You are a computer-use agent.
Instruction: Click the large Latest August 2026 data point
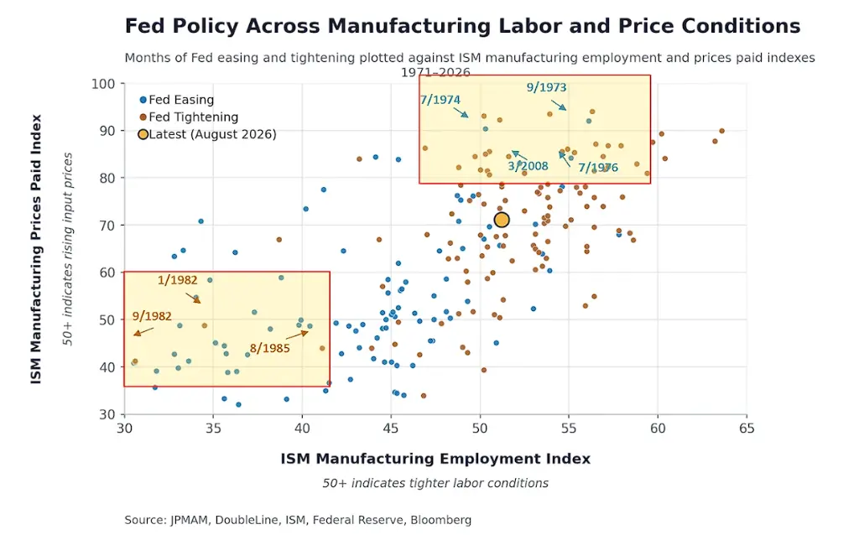(x=502, y=220)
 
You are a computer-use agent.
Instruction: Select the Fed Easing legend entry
(x=177, y=100)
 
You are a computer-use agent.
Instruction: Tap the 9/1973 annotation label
(x=546, y=87)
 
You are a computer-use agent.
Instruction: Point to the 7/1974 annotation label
(x=440, y=100)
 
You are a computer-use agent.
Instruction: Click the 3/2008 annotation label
(x=528, y=166)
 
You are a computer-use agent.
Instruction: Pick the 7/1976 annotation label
(x=598, y=168)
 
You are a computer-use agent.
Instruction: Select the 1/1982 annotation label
(x=178, y=280)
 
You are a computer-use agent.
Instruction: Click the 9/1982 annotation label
(x=152, y=316)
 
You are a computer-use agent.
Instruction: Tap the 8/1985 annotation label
(x=269, y=349)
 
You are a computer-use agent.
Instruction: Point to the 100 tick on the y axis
(x=103, y=84)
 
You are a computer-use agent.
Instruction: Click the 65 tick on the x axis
(x=746, y=429)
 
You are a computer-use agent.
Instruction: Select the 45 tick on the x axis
(x=391, y=429)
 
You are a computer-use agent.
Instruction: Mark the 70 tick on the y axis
(x=107, y=225)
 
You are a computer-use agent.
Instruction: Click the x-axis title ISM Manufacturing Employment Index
(x=435, y=459)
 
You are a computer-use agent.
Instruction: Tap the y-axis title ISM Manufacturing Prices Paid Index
(x=36, y=249)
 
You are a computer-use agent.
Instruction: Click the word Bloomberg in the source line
(x=441, y=520)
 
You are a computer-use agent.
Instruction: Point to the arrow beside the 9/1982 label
(x=143, y=331)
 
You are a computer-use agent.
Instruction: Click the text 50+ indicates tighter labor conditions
(x=435, y=483)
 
